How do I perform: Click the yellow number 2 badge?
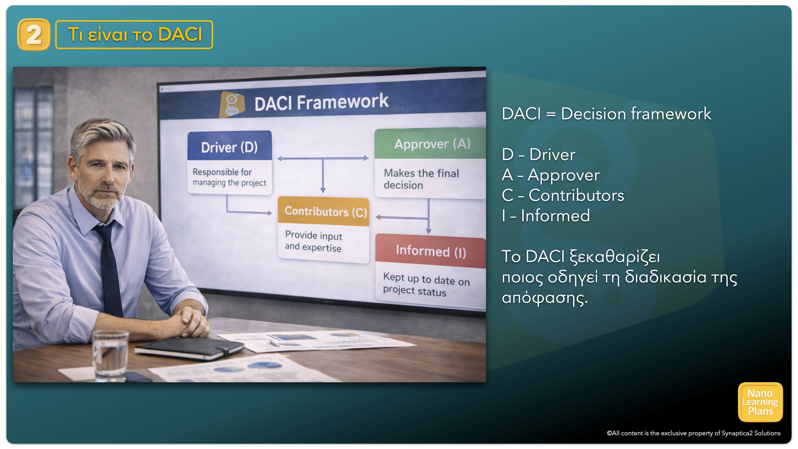coord(34,34)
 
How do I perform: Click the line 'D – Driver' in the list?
coord(538,154)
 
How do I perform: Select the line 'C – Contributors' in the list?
coord(563,195)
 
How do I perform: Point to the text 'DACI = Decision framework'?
coord(606,113)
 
